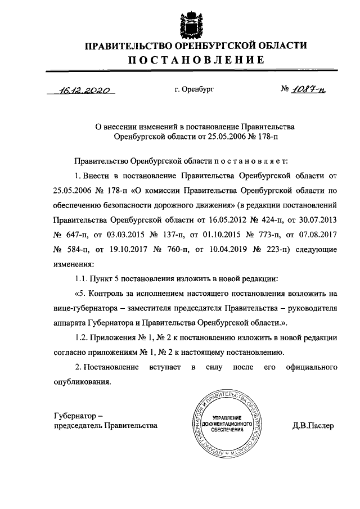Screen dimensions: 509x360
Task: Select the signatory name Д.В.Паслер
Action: click(313, 426)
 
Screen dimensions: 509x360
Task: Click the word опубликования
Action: click(82, 382)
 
